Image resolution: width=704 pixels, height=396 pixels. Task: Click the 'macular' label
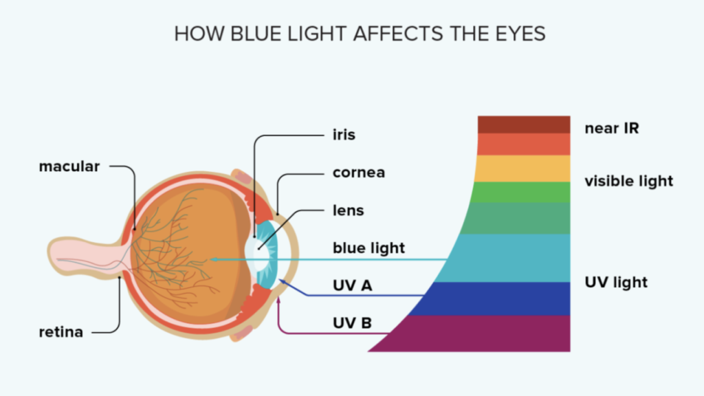69,166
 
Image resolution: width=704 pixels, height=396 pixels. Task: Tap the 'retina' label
61,332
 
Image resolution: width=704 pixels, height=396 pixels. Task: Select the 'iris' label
344,135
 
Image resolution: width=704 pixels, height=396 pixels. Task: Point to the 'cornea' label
359,173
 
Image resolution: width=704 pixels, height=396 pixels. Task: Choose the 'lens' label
349,210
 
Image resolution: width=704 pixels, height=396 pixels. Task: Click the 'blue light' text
368,247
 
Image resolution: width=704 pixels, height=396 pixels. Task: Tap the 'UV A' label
353,285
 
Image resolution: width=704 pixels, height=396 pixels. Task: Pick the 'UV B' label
353,323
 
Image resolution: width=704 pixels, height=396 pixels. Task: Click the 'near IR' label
611,129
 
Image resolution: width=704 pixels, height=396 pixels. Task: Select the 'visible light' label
628,181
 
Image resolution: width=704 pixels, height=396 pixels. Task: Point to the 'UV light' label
616,283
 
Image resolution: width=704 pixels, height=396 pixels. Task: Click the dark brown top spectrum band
524,124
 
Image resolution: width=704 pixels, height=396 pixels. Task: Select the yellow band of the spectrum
523,168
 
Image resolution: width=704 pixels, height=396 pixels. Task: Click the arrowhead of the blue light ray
214,259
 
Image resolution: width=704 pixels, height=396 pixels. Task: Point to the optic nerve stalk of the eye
85,257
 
